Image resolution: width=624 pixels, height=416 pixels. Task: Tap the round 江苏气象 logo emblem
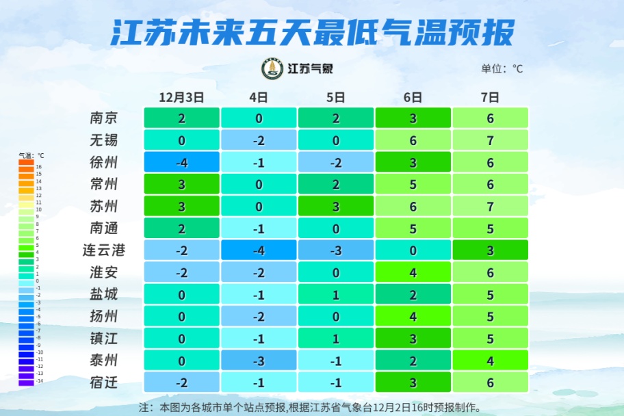(272, 68)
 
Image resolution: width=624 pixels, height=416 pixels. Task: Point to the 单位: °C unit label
(502, 68)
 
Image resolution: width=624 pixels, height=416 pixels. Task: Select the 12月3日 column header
(181, 97)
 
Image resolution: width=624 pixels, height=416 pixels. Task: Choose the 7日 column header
(490, 97)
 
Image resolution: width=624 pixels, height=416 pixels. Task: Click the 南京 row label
(104, 118)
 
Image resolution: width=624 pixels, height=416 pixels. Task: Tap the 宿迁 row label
(104, 382)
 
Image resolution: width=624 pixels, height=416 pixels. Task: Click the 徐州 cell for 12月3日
(181, 162)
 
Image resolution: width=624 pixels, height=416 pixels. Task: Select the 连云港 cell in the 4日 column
(259, 250)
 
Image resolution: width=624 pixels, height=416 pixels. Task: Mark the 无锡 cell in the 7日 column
(490, 140)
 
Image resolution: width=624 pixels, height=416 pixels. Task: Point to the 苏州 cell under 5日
(336, 206)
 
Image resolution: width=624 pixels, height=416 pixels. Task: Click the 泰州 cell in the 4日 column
(259, 361)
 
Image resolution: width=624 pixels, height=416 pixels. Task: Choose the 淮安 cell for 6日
(413, 272)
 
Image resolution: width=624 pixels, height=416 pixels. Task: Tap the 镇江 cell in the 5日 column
(336, 339)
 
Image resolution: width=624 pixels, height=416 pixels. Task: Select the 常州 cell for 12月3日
(181, 184)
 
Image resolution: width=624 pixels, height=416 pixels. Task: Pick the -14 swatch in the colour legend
(26, 382)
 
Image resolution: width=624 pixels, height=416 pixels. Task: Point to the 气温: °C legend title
(31, 155)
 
